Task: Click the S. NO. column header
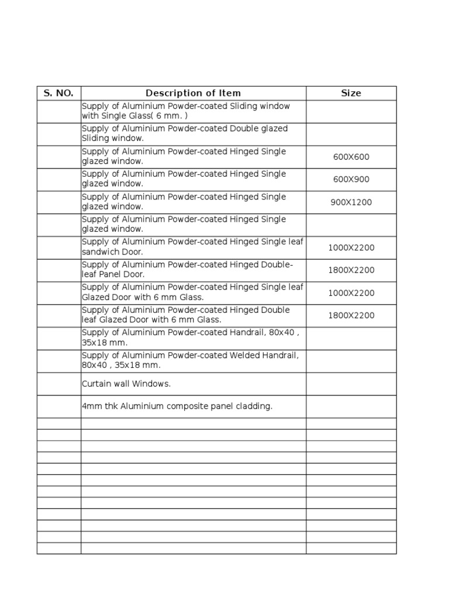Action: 58,93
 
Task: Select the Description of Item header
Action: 193,93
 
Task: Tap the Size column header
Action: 351,93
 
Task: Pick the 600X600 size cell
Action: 351,157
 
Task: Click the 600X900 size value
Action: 351,180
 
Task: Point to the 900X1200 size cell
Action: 351,202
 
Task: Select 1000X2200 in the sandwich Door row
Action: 351,247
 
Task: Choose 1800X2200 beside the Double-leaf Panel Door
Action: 351,270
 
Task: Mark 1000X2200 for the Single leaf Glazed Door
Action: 351,293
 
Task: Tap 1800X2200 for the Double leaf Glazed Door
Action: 351,315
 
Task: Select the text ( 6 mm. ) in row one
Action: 174,116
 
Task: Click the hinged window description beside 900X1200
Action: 184,202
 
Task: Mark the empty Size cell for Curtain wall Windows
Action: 351,384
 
